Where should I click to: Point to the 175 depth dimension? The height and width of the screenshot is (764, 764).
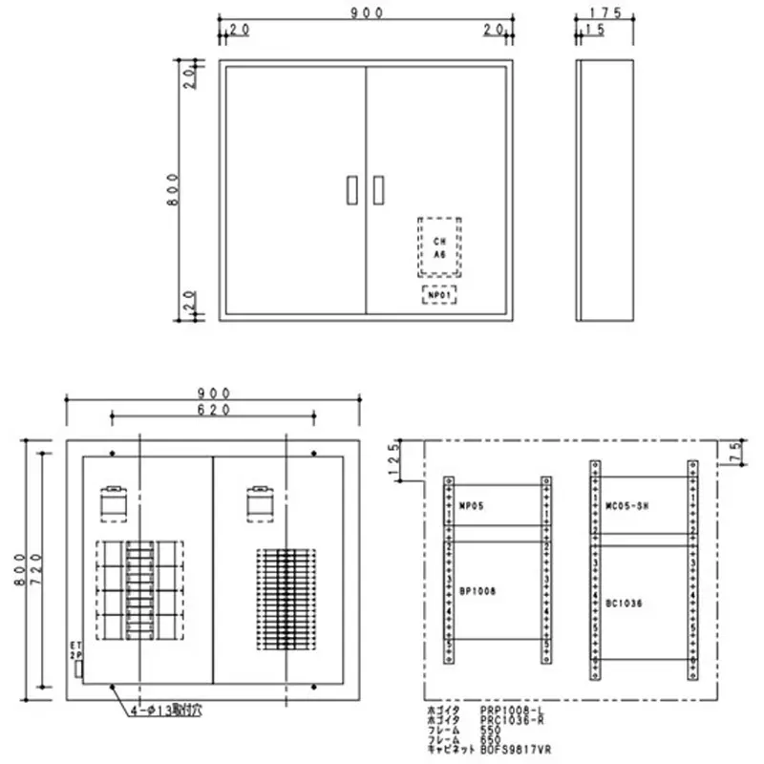pos(605,12)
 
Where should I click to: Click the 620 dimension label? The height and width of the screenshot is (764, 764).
pos(215,409)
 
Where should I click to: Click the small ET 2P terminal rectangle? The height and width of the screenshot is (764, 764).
pos(78,669)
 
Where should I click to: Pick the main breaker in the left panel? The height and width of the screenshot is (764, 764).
pos(114,502)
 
